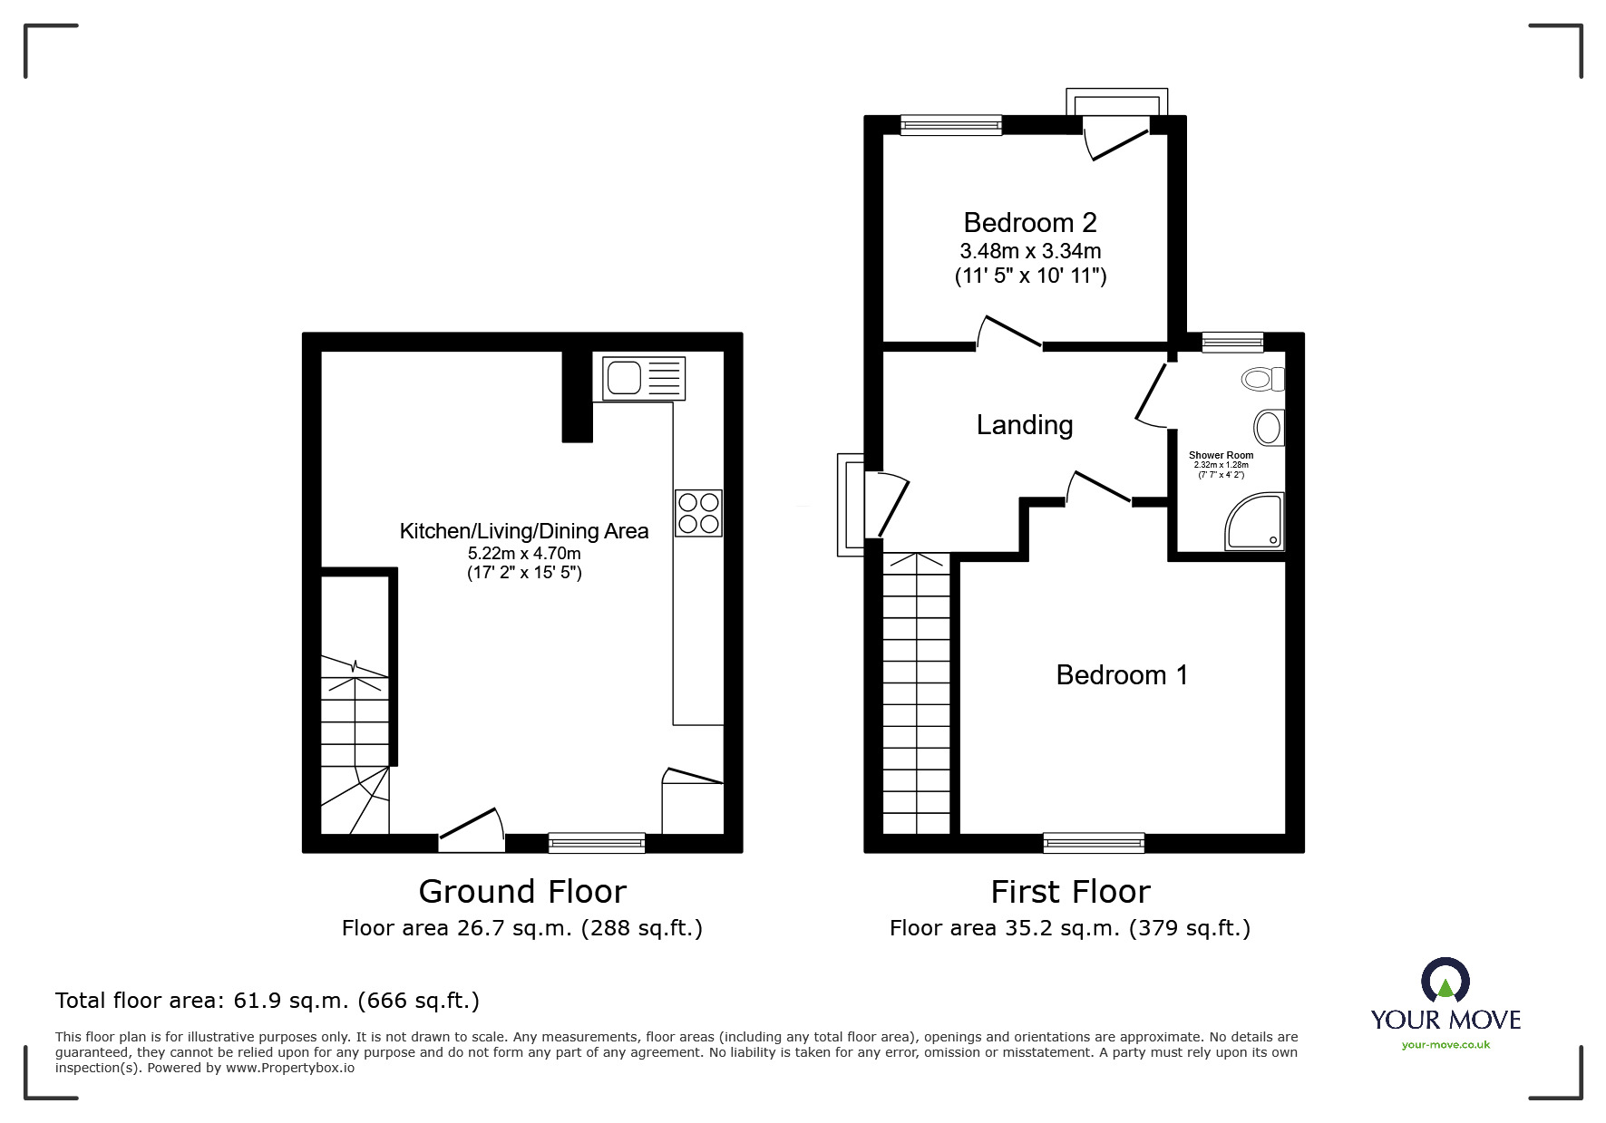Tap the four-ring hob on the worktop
(x=698, y=513)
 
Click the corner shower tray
(x=1255, y=523)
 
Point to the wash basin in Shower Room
(x=1270, y=427)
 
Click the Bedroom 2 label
(x=1030, y=222)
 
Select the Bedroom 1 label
(x=1122, y=675)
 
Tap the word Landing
(x=1025, y=425)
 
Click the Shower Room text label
(x=1221, y=455)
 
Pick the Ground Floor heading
(x=522, y=892)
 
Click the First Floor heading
(x=1070, y=892)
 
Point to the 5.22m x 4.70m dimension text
(x=524, y=553)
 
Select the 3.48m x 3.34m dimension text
(x=1030, y=251)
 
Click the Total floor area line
(x=268, y=1001)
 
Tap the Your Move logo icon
(x=1445, y=981)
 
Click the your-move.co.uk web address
(x=1445, y=1045)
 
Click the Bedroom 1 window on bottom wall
(x=1094, y=843)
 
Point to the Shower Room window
(x=1232, y=342)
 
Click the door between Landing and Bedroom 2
(x=1009, y=333)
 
